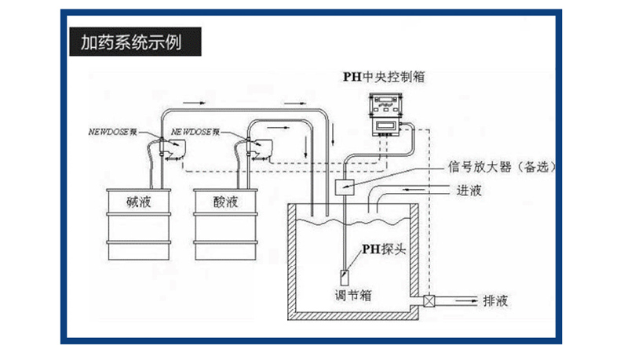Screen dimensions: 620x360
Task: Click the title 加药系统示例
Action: (x=131, y=42)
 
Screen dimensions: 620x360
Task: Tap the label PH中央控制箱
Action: (x=384, y=77)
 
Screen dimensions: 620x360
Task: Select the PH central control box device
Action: (x=386, y=115)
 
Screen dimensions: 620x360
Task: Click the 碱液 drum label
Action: (x=139, y=202)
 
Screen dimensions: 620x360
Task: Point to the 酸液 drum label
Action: (x=226, y=202)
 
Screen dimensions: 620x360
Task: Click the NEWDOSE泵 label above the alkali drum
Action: (x=113, y=132)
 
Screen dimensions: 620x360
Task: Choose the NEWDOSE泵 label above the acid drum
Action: (x=195, y=132)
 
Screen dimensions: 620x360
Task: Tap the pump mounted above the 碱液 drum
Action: (x=172, y=147)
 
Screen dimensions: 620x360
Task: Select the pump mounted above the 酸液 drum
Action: (x=257, y=148)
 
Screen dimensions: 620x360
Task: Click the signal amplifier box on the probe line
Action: (x=345, y=187)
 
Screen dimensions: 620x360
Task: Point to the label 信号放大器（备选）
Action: (x=501, y=167)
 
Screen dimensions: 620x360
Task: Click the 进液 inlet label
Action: (x=469, y=191)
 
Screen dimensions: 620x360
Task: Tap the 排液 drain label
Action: (x=495, y=301)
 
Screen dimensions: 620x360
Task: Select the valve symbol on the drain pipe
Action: (x=429, y=301)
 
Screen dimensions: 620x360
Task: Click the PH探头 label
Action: (x=384, y=249)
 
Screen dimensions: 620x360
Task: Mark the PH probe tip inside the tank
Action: (x=345, y=278)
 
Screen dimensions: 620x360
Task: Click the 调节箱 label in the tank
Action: (x=353, y=295)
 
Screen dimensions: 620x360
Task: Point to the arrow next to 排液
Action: (x=467, y=301)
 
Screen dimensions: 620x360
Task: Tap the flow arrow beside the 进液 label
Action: (x=414, y=190)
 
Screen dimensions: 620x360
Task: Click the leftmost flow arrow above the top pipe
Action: (x=194, y=104)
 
